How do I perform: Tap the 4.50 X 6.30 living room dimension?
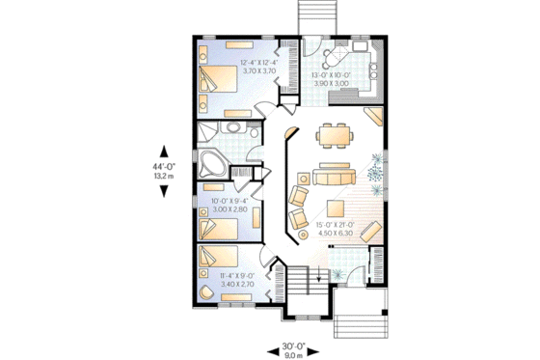(x=335, y=231)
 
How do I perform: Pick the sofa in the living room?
(x=333, y=176)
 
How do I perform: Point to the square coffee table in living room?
(x=335, y=208)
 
